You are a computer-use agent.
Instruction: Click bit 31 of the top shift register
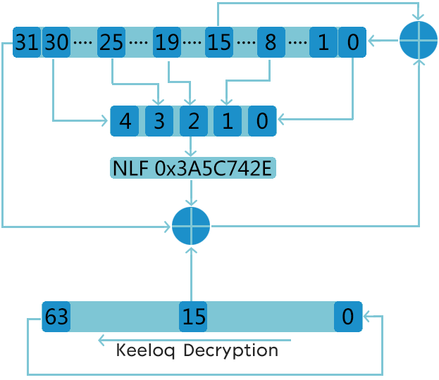(x=27, y=42)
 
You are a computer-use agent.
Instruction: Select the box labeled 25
(x=111, y=42)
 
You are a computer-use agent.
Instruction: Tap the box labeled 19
(x=167, y=42)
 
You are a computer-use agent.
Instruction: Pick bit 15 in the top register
(x=219, y=42)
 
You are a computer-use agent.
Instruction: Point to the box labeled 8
(x=271, y=42)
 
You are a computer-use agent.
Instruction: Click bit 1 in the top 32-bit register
(x=323, y=42)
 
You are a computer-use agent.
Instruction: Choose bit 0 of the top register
(x=352, y=42)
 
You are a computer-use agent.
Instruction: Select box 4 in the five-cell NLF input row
(x=125, y=121)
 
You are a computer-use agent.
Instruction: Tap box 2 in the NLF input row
(x=194, y=121)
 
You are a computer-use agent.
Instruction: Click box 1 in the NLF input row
(x=228, y=121)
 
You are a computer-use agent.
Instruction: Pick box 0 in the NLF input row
(x=262, y=121)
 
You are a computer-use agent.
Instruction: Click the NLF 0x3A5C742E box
(x=193, y=168)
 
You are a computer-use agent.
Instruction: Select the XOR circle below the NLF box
(x=191, y=226)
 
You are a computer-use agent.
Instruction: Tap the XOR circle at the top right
(x=419, y=40)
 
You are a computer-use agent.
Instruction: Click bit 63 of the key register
(x=56, y=317)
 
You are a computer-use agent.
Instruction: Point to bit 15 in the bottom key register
(x=193, y=317)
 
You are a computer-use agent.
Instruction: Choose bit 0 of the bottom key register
(x=348, y=317)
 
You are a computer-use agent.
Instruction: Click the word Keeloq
(x=145, y=350)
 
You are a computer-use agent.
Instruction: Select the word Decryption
(x=230, y=350)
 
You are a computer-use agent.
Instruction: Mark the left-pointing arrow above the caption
(x=194, y=341)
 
